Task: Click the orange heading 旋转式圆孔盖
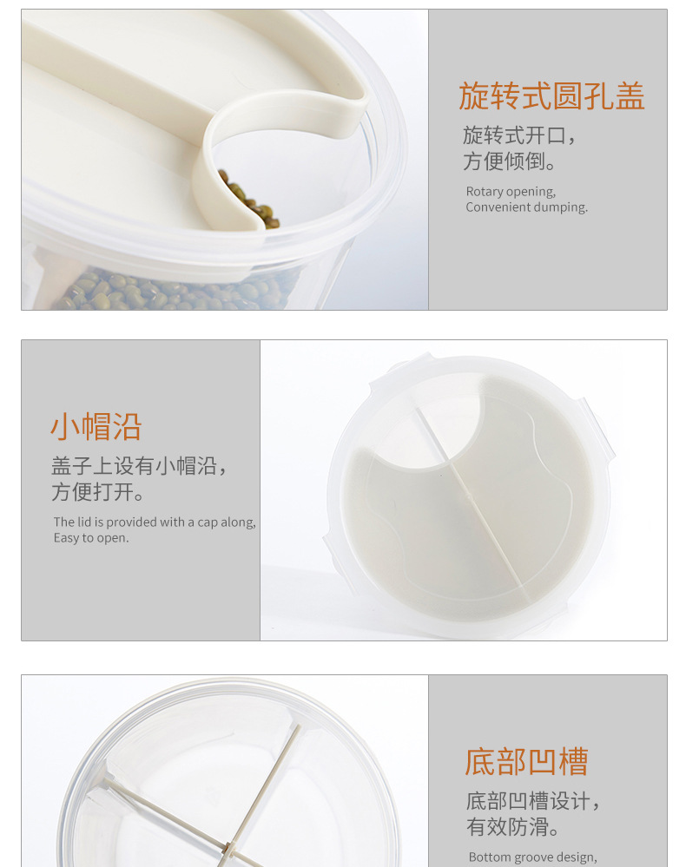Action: click(551, 95)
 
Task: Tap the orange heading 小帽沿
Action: click(96, 427)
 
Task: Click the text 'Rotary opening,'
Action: click(511, 191)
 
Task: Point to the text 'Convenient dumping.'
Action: click(527, 207)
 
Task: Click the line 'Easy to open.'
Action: click(91, 538)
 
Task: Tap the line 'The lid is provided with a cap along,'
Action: click(155, 522)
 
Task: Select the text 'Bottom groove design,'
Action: click(533, 857)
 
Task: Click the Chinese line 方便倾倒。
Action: click(510, 161)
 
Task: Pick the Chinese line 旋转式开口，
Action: click(520, 135)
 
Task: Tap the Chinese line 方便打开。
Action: click(98, 491)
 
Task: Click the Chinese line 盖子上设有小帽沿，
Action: click(140, 465)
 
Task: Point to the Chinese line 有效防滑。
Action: click(513, 826)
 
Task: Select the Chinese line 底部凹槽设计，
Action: click(533, 801)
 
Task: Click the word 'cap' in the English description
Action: click(208, 523)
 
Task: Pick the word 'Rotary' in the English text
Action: click(484, 192)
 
